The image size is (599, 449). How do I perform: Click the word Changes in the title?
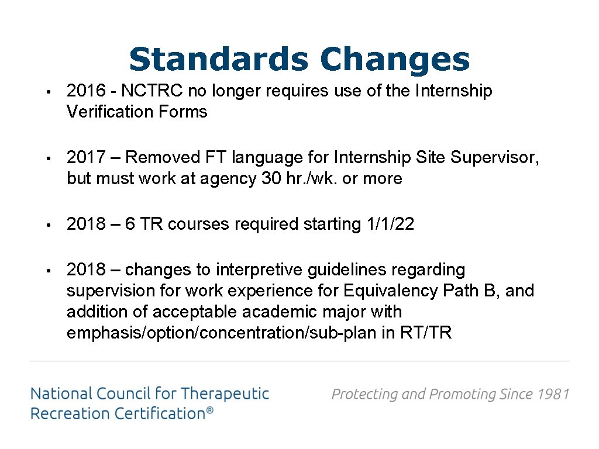[395, 60]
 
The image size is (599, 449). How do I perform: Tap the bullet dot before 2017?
[52, 158]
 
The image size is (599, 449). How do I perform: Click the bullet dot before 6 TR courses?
[52, 224]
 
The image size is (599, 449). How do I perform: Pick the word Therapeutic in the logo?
[225, 393]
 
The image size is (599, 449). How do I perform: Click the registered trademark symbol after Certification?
[210, 412]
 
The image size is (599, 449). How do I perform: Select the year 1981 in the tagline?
[553, 394]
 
